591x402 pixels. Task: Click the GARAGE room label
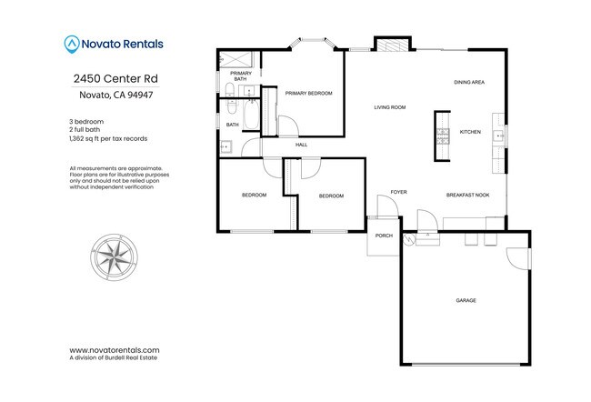tap(466, 300)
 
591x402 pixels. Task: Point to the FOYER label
tap(398, 192)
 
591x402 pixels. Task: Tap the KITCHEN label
tap(470, 133)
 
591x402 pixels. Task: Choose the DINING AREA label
tap(469, 83)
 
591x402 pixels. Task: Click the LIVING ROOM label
tap(389, 108)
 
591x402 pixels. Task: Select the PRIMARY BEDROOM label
tap(308, 94)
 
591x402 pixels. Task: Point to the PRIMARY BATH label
tap(241, 75)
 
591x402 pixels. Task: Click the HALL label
tap(301, 145)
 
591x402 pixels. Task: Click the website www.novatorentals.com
tap(115, 349)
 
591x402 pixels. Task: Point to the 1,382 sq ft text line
tap(108, 138)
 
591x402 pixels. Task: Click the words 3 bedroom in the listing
tap(87, 122)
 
